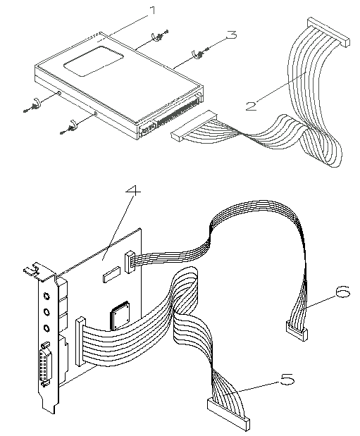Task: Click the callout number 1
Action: (152, 11)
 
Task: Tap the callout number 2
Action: (252, 106)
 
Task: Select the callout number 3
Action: (231, 35)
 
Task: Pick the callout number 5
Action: (287, 379)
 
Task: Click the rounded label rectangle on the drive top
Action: (94, 61)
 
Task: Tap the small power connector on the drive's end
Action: (148, 130)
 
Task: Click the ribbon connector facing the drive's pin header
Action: (194, 125)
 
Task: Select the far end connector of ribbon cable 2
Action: (328, 32)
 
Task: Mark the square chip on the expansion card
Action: (120, 316)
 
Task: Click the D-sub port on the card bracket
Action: (45, 365)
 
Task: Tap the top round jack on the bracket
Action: (46, 296)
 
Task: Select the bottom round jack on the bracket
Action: (46, 328)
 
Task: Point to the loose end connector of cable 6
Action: (297, 331)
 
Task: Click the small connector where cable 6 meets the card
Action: (130, 262)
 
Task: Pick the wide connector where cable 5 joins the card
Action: (81, 341)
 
